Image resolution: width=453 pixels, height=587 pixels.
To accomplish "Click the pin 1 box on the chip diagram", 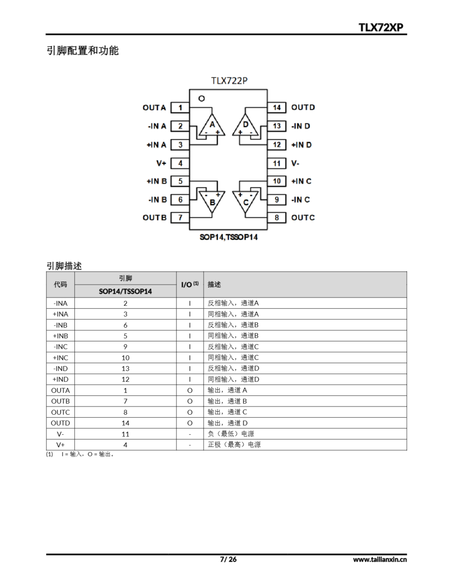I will (x=180, y=108).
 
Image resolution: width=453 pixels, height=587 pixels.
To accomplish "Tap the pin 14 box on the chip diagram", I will (x=277, y=108).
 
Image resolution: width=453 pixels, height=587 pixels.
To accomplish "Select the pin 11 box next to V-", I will (x=277, y=163).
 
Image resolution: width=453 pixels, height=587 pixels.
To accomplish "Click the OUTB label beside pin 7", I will (x=155, y=217).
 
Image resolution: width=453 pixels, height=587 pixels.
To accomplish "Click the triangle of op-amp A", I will (x=212, y=126).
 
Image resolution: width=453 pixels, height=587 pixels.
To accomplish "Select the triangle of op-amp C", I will (x=246, y=201).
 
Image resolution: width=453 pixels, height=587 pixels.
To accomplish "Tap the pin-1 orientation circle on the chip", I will (x=201, y=99).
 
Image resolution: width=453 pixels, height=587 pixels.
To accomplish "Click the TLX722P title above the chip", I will (x=229, y=81).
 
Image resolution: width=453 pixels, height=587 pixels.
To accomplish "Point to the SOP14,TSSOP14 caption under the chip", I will (x=229, y=237).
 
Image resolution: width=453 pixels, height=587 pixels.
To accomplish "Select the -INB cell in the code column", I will (x=60, y=325).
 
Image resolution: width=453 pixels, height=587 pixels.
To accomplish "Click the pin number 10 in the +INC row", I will (x=126, y=358).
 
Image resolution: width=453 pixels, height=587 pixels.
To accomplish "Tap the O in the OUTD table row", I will (x=190, y=423).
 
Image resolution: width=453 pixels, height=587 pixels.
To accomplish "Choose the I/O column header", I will (x=190, y=285).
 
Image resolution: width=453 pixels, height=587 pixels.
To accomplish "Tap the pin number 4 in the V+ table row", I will (x=126, y=445).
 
